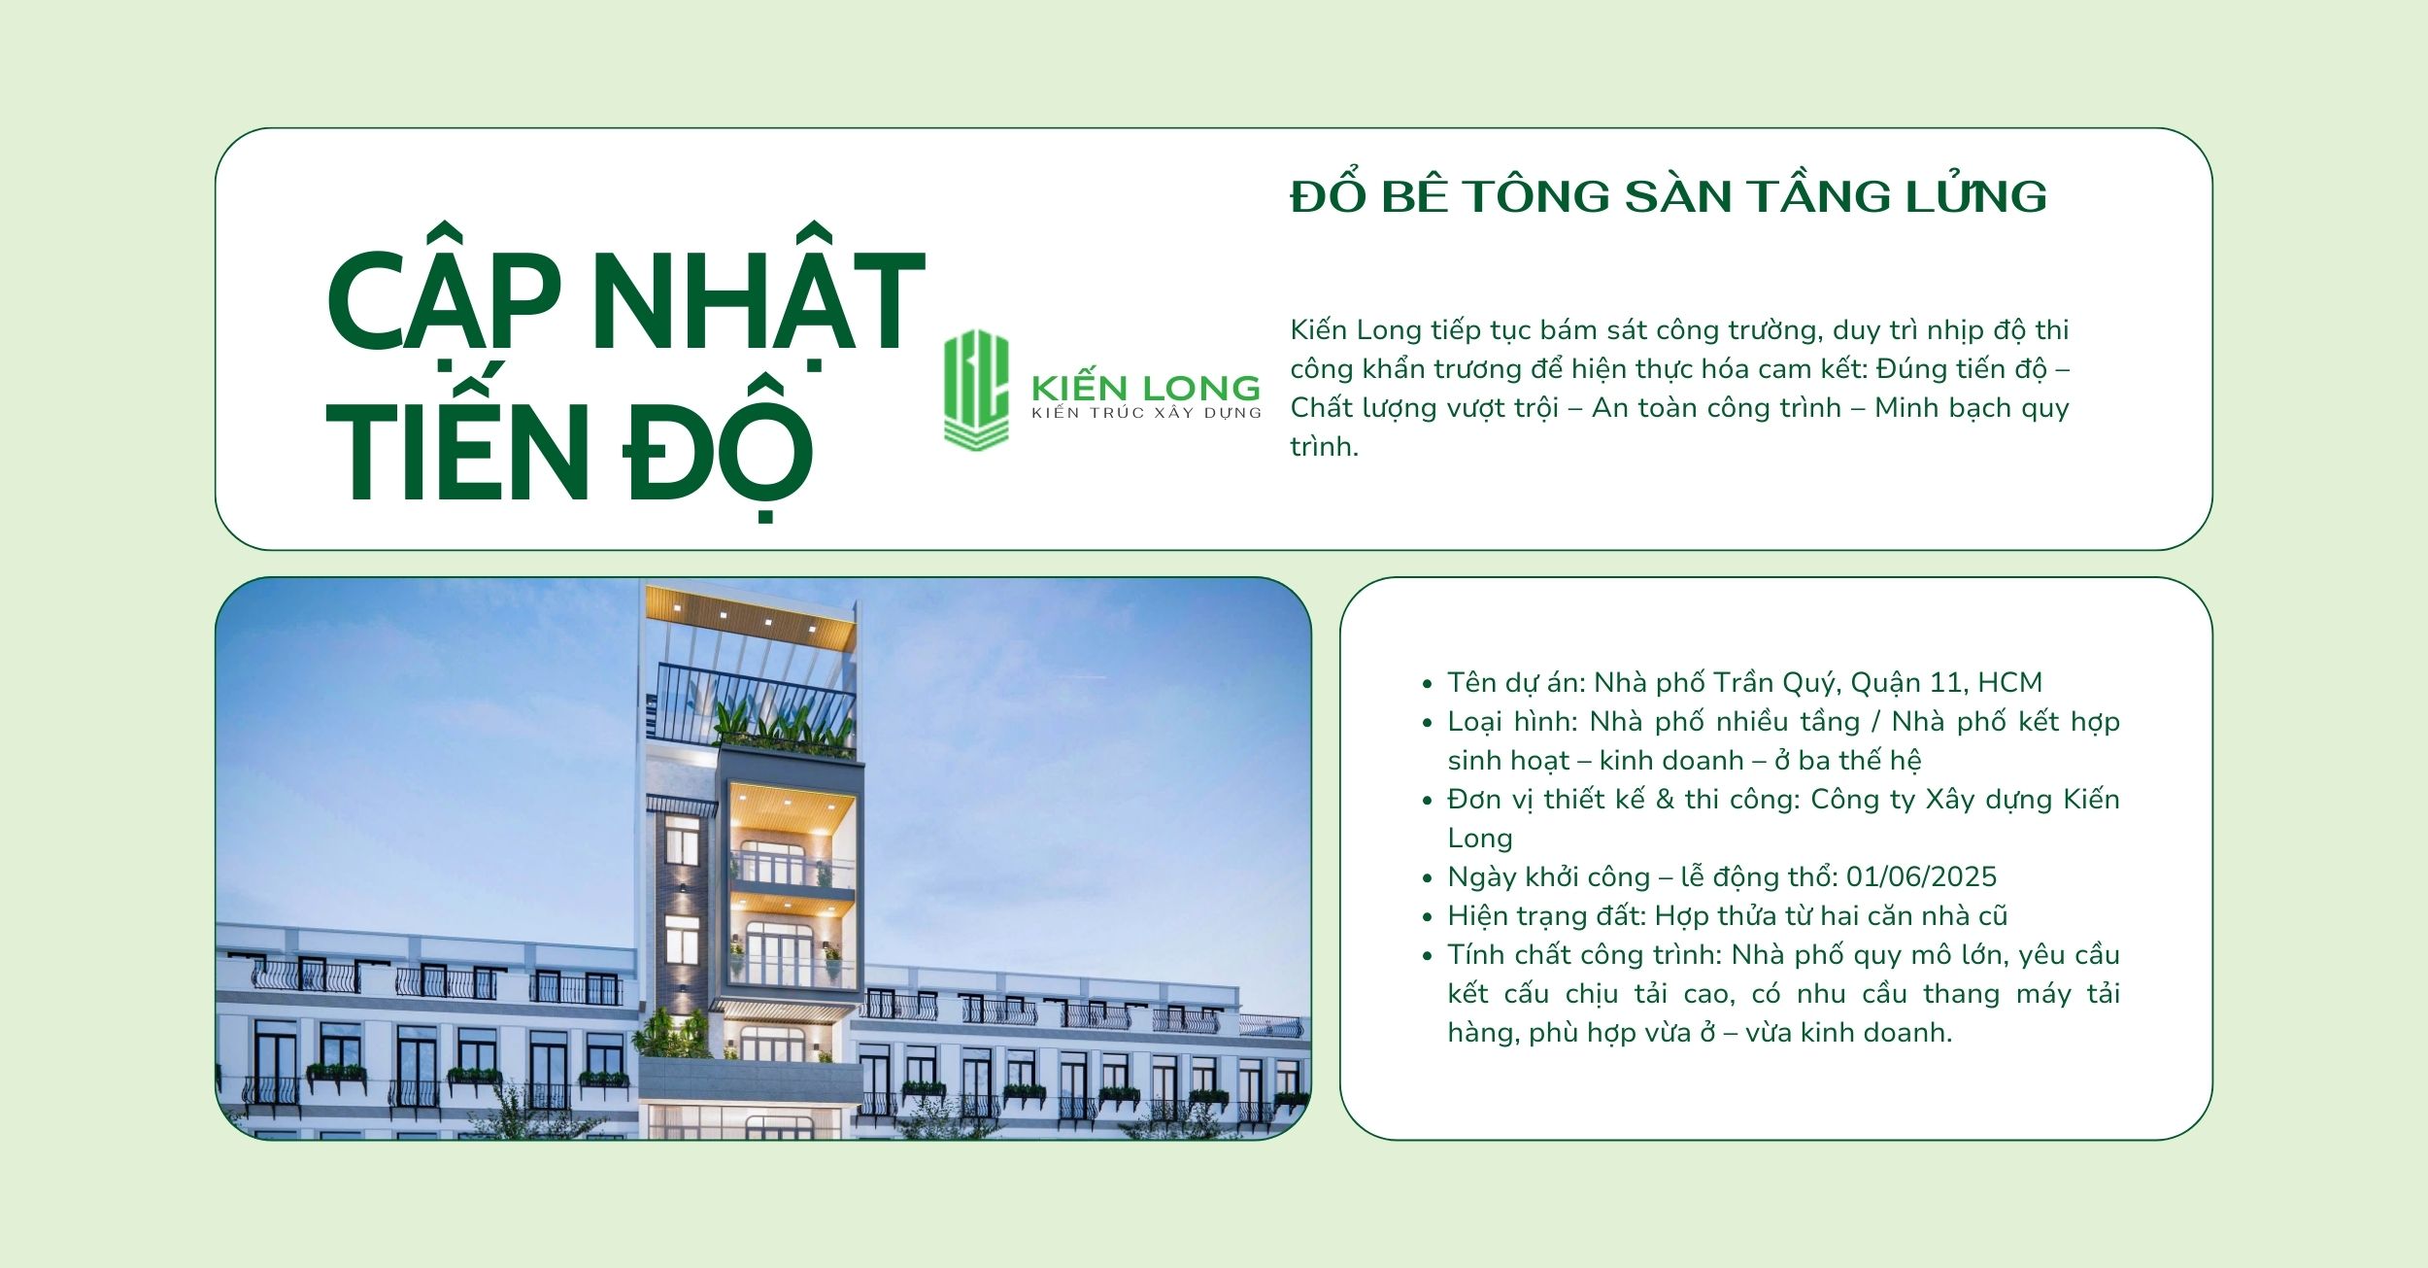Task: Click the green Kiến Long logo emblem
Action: click(x=976, y=390)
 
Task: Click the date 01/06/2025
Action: click(x=1921, y=876)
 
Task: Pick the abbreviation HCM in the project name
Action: click(x=2009, y=682)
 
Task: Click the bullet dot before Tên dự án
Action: click(x=1427, y=684)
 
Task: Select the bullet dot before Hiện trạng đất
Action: click(x=1427, y=917)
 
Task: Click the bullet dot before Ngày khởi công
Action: click(x=1427, y=878)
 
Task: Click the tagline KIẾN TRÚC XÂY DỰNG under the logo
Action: click(x=1146, y=413)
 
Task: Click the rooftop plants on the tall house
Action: click(x=783, y=724)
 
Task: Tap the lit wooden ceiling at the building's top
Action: click(x=750, y=616)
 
